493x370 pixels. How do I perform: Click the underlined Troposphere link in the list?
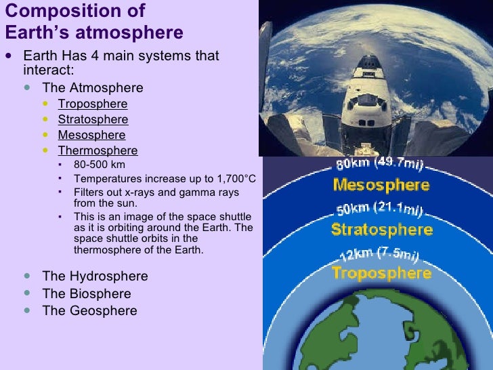pos(92,104)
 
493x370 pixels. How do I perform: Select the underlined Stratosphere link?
pos(92,119)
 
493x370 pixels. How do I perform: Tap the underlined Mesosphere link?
pos(91,135)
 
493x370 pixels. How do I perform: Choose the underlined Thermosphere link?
pos(98,150)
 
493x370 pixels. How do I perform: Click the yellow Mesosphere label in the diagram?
pos(381,185)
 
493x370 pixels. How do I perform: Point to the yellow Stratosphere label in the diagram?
pos(381,229)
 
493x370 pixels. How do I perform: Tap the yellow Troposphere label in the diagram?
pos(381,273)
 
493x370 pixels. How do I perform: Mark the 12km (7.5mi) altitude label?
pos(379,254)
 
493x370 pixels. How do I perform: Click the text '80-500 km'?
pos(99,165)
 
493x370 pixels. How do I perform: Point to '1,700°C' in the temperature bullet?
pos(232,178)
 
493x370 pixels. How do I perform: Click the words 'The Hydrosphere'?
pos(95,276)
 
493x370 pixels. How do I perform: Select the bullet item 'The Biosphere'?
pos(87,294)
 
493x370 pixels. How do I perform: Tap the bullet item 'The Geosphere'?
pos(89,311)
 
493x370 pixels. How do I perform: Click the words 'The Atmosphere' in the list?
pos(93,88)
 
